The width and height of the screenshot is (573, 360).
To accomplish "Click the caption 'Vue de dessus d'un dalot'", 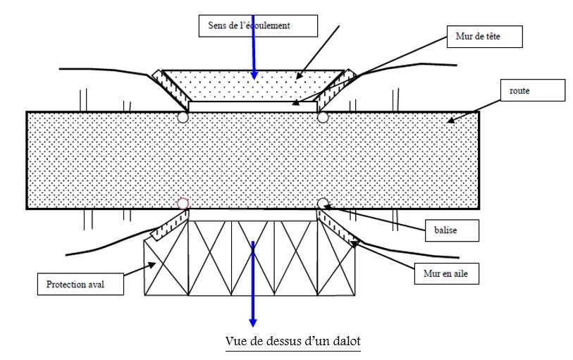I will [x=293, y=341].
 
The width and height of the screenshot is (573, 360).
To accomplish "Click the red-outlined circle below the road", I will [x=183, y=204].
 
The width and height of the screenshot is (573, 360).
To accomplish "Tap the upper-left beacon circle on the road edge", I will [x=183, y=118].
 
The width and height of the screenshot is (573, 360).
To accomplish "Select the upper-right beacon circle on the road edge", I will [x=323, y=118].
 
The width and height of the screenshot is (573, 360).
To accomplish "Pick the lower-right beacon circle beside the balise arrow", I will [x=323, y=204].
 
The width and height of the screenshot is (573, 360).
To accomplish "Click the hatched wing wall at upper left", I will [x=168, y=89].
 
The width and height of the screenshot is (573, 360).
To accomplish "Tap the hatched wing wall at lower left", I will [x=168, y=225].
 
